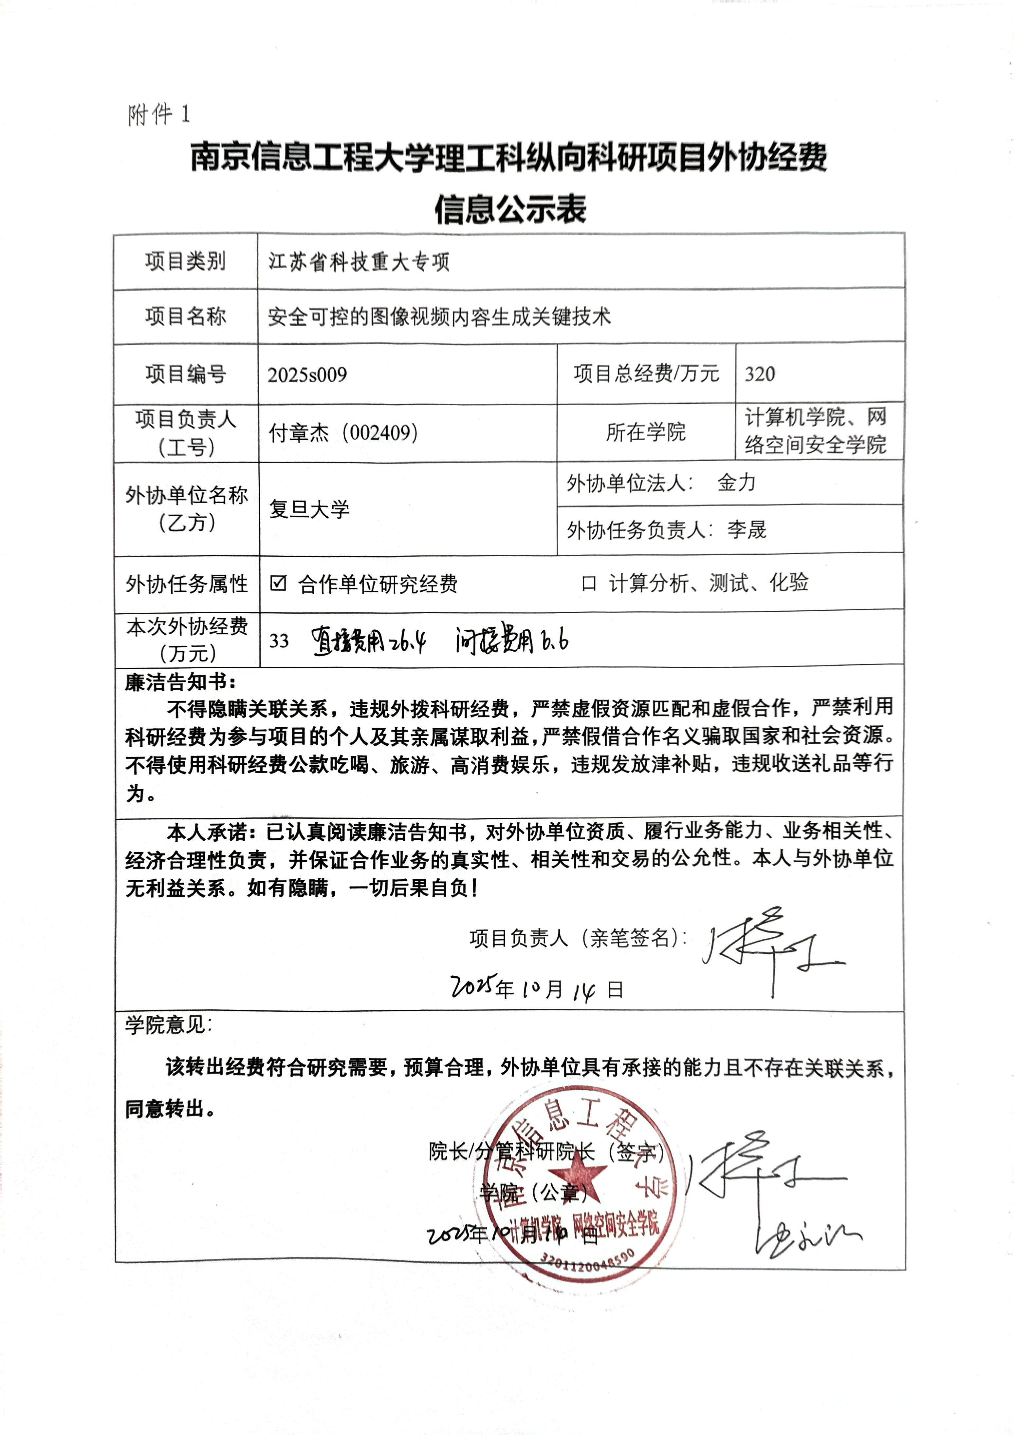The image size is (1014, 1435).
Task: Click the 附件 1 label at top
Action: click(x=159, y=114)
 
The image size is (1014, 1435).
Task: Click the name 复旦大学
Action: click(x=309, y=509)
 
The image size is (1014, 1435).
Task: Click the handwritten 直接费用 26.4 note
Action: click(x=369, y=641)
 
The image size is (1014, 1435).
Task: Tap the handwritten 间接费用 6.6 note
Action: click(x=511, y=641)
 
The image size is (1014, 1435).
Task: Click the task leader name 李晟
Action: click(x=747, y=530)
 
